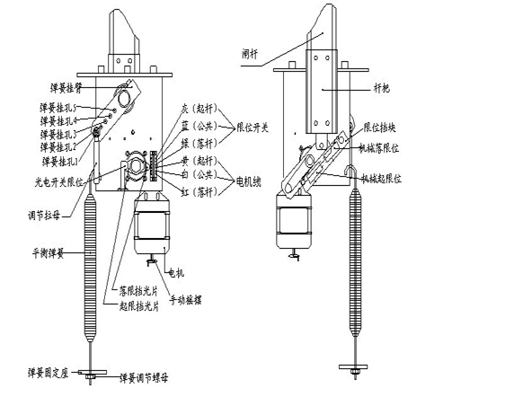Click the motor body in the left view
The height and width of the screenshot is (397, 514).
(153, 228)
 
